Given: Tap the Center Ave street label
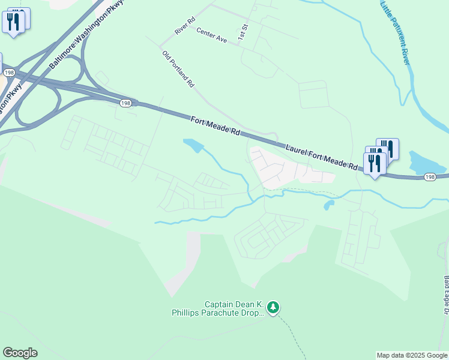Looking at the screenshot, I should point(211,37).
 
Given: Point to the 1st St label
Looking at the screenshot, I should point(243,32).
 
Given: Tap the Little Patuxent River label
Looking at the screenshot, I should point(394,32).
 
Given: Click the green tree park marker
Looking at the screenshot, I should point(274,308).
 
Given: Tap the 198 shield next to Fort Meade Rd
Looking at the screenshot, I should point(125,103).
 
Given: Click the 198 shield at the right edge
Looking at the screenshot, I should point(430,178).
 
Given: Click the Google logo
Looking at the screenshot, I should point(20,353).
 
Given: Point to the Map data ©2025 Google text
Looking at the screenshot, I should point(412,355).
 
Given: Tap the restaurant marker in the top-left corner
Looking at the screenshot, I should point(14,22).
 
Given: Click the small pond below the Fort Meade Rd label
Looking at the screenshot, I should point(193,145).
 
